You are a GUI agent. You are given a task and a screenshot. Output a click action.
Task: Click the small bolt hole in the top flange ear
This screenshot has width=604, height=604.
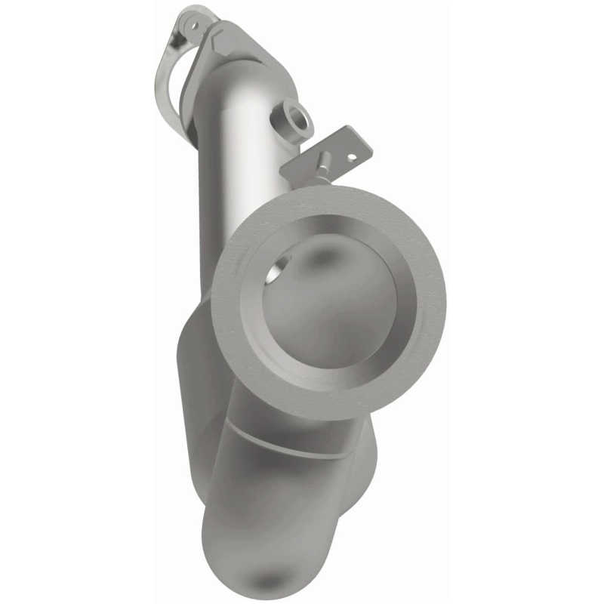pos(194,25)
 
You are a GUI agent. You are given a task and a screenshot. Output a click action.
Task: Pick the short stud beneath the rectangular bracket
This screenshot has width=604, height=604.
pos(322,165)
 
